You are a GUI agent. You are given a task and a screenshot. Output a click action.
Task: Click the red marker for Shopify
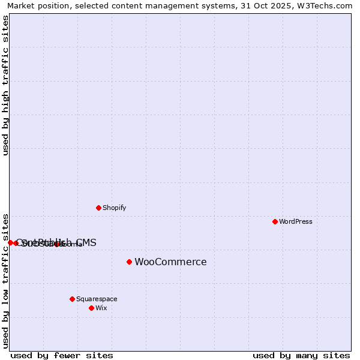tap(98, 208)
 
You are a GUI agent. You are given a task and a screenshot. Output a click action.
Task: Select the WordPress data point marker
tap(275, 221)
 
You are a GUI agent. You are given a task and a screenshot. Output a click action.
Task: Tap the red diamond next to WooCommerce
tap(129, 262)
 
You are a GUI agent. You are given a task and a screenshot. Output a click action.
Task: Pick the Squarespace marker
tap(72, 299)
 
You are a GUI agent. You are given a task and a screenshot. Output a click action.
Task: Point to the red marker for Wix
tap(91, 308)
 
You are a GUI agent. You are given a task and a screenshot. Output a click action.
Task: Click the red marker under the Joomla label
tap(56, 244)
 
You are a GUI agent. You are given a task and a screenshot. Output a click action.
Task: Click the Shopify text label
tap(114, 208)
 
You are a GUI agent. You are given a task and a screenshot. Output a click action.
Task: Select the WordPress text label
tap(295, 221)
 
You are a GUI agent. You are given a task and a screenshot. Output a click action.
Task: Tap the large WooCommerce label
tap(170, 262)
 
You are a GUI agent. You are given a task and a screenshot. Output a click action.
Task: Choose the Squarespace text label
tap(97, 299)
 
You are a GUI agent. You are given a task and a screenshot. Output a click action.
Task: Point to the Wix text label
tap(101, 308)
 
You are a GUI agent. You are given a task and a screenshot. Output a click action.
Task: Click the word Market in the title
tap(22, 6)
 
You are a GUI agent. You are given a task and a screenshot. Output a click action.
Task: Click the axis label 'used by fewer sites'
tap(62, 355)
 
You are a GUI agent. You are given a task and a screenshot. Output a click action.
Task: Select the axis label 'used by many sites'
tap(301, 355)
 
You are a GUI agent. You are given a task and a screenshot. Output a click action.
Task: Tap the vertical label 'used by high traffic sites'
tap(6, 85)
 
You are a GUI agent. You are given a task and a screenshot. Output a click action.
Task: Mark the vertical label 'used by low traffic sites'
tap(6, 280)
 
